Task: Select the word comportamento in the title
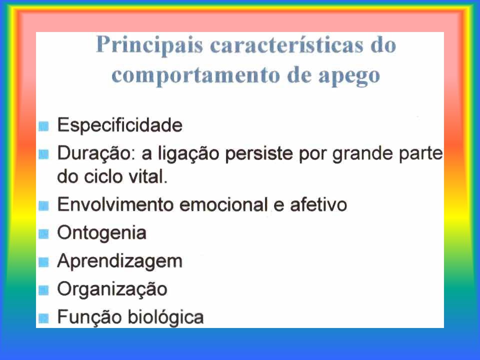tap(195, 76)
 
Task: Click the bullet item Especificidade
tap(119, 125)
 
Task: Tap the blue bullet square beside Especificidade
tap(43, 126)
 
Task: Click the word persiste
tap(259, 153)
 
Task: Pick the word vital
tap(148, 176)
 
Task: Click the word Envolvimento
tap(115, 204)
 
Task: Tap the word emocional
tap(223, 204)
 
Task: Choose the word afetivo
tap(318, 204)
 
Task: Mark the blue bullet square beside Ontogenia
tap(43, 234)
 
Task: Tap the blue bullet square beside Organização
tap(43, 290)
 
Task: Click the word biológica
tap(165, 317)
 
